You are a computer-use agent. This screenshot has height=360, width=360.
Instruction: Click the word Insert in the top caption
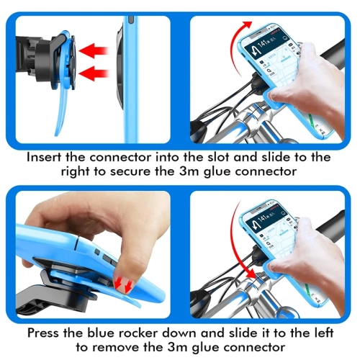[x=45, y=156]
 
